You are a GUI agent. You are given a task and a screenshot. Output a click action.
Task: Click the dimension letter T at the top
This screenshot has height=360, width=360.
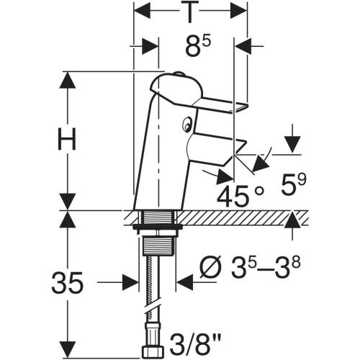click(190, 12)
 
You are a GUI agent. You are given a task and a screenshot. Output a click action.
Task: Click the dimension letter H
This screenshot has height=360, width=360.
click(67, 139)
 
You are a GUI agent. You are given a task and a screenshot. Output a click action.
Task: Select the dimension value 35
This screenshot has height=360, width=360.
click(68, 283)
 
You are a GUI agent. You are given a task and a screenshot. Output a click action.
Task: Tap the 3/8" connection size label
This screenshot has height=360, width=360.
click(195, 344)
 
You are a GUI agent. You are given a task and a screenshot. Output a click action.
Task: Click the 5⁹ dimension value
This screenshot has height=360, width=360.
click(294, 184)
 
